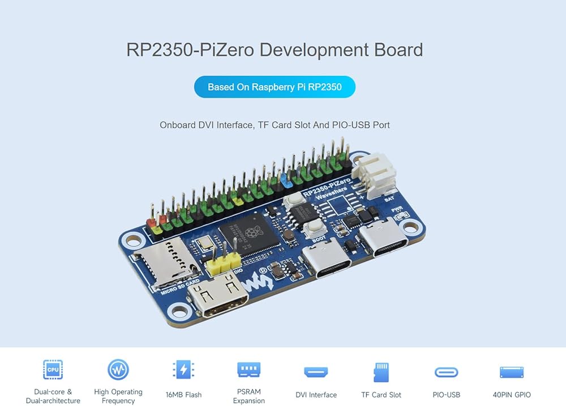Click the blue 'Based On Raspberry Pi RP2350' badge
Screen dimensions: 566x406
275,87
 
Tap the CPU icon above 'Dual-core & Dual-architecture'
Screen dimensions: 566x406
53,370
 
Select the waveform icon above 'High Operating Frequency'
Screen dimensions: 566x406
118,370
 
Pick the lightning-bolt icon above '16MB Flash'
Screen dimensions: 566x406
183,370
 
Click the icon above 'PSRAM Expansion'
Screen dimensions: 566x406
248,370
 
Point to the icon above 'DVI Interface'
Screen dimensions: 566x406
316,372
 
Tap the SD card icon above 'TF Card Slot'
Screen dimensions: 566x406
381,372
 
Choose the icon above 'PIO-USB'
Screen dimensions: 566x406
447,372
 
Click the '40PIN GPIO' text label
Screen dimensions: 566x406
512,395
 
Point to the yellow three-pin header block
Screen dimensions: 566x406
223,261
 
